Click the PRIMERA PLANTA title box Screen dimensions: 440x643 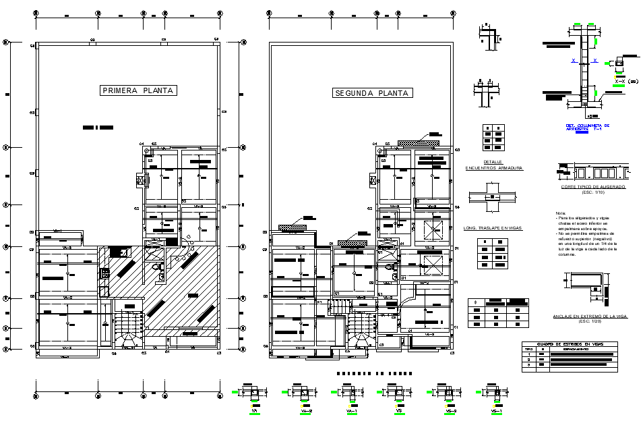click(137, 90)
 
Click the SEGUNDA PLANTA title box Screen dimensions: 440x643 click(372, 93)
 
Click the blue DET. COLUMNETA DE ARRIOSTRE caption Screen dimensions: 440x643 click(587, 127)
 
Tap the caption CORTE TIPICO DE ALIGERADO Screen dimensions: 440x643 click(592, 187)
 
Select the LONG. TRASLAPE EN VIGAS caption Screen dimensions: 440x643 click(493, 229)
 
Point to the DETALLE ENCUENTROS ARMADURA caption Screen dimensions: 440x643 click(493, 165)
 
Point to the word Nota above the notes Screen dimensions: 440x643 click(561, 213)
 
